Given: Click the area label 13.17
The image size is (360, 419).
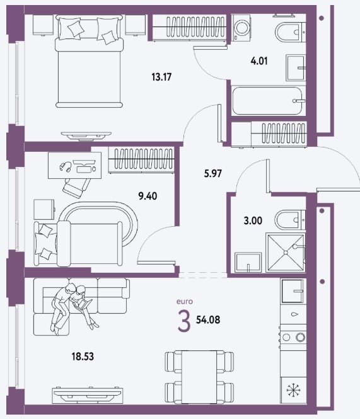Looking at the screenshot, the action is click(x=161, y=77).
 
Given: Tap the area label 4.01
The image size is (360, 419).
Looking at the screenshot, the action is click(x=259, y=61).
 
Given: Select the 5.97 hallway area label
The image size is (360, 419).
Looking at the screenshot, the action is click(x=213, y=174).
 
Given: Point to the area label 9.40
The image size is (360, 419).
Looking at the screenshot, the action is click(x=148, y=197).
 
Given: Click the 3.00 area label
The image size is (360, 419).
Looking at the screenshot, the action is click(x=253, y=221).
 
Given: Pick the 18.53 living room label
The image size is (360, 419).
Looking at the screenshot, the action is click(x=83, y=357).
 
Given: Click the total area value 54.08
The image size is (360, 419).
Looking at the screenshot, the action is click(x=208, y=319).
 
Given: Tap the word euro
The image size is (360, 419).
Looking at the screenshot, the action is click(x=185, y=301).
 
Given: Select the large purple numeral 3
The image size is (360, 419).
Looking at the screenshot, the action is click(x=184, y=322).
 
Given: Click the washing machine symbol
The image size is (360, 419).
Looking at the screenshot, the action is click(x=242, y=28).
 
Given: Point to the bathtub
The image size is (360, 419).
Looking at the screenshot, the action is click(x=269, y=101).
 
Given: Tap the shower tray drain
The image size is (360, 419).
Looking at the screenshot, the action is click(x=286, y=253).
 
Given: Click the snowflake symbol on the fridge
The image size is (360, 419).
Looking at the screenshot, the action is click(x=293, y=390).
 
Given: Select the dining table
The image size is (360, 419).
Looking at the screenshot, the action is click(x=199, y=377).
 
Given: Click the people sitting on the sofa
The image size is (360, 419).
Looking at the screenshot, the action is click(x=73, y=307).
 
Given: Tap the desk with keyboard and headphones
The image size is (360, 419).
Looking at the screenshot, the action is click(x=74, y=166).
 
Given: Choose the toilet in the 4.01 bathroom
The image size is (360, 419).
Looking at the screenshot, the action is click(x=290, y=33).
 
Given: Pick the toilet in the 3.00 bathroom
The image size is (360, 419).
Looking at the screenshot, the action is click(x=290, y=220).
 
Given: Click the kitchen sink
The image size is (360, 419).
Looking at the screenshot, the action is click(x=293, y=290).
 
